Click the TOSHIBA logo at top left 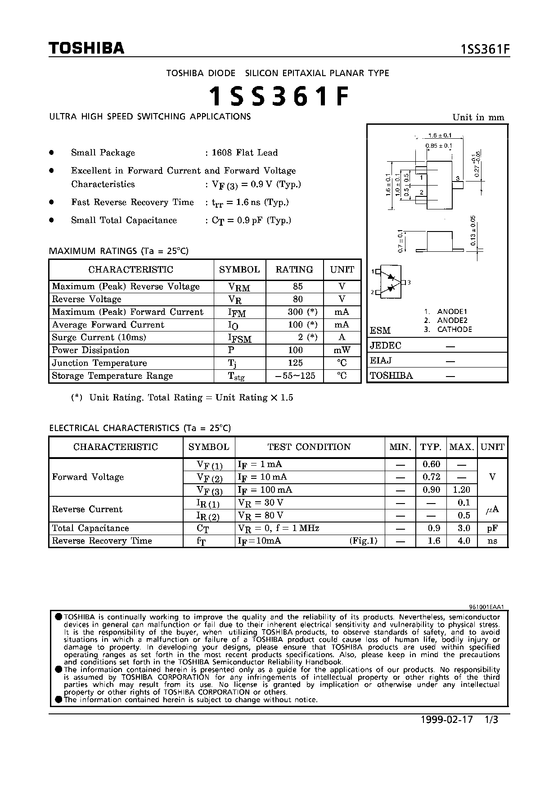pos(86,48)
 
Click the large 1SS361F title pos(279,96)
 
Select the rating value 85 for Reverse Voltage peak pos(297,286)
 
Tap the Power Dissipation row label pos(90,350)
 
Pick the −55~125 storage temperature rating pos(295,376)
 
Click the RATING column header pos(294,270)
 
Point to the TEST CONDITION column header pos(309,447)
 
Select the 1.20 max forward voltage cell pos(462,490)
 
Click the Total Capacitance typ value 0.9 pos(433,528)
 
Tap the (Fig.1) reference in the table pos(363,541)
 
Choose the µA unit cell pos(492,509)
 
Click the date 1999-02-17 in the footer pos(447,720)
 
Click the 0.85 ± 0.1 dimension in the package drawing pos(438,145)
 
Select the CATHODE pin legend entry pos(454,330)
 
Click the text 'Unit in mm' pos(478,118)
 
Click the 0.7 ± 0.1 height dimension pos(400,241)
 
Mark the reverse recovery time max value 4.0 pos(463,541)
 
